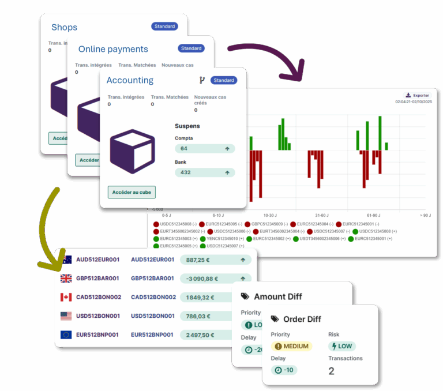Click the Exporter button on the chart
coord(418,95)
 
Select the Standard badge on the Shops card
coord(164,27)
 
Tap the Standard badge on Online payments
coord(190,48)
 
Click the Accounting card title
coord(130,80)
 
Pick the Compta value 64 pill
coord(205,149)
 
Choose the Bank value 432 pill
coord(205,172)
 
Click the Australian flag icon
coord(66,260)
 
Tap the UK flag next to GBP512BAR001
coord(66,279)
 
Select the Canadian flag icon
coord(66,298)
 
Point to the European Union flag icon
coord(66,334)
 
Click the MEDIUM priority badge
coord(291,347)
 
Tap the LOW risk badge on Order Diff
coord(341,347)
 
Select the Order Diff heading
coord(302,319)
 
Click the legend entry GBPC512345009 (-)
coord(266,224)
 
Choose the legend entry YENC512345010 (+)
coord(222,238)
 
